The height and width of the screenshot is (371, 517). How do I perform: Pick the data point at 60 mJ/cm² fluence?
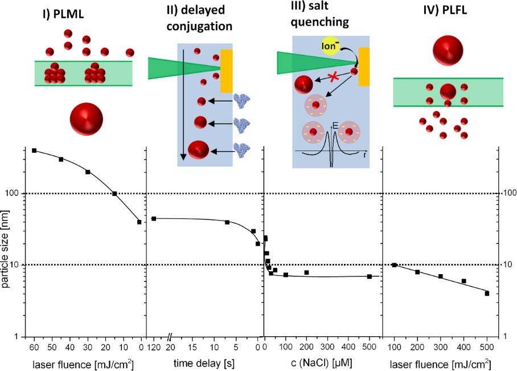[x=34, y=150]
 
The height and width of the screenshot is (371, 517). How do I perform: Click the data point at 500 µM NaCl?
[x=370, y=276]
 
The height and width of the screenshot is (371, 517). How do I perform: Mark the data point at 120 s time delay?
[x=154, y=219]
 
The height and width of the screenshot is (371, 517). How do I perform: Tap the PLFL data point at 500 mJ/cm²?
[x=487, y=293]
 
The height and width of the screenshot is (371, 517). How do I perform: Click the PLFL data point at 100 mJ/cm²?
[x=394, y=265]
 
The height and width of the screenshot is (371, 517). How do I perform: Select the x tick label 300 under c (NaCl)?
[x=327, y=348]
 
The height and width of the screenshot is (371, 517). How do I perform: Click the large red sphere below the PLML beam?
[x=86, y=119]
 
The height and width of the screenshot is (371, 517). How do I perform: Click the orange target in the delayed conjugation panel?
[x=226, y=71]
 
